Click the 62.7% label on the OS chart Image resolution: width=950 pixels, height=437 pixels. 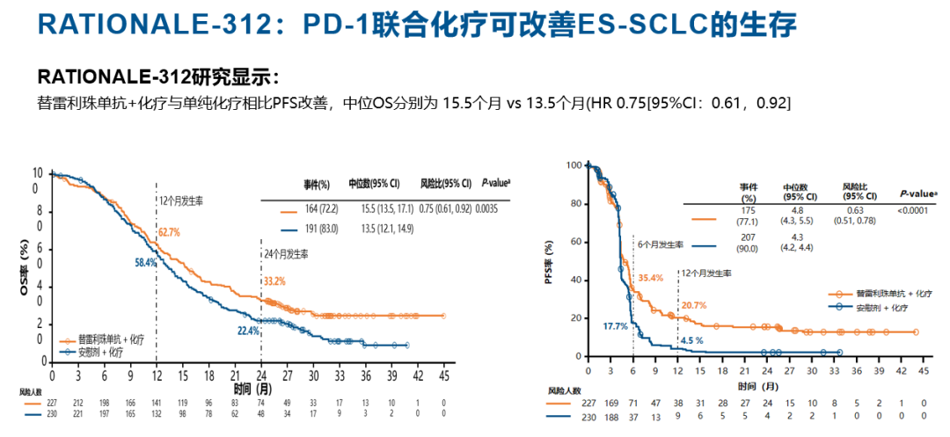click(170, 233)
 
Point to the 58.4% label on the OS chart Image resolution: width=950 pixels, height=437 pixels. click(146, 263)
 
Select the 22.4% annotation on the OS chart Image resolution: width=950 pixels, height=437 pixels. click(249, 331)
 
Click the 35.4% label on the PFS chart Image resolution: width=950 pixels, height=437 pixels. click(649, 278)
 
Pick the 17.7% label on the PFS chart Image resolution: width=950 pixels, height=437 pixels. click(615, 326)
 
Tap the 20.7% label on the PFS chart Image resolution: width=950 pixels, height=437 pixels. click(694, 306)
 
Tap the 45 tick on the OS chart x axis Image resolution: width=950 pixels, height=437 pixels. click(443, 375)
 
